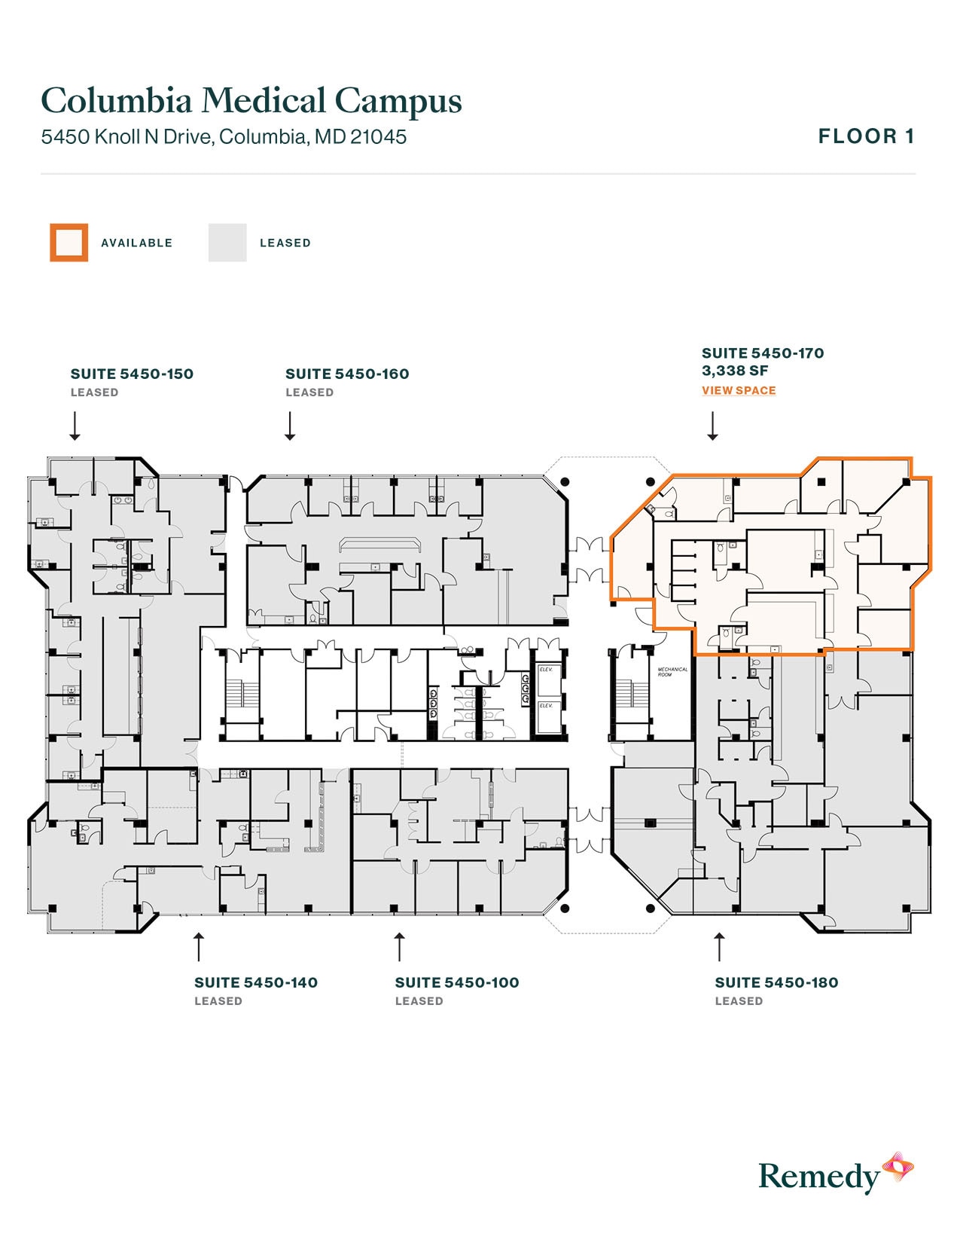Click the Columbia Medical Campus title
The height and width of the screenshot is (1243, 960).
pos(251,101)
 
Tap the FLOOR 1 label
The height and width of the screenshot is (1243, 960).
pos(866,136)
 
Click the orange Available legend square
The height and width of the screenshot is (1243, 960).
pos(69,243)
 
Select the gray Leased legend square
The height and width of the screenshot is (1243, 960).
pos(227,243)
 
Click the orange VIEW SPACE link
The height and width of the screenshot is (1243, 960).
pos(739,390)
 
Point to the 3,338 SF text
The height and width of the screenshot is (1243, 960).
pos(735,371)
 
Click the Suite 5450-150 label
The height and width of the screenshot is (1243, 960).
pos(132,374)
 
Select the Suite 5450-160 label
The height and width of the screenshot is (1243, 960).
pos(347,374)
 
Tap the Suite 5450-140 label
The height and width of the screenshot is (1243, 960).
pos(256,982)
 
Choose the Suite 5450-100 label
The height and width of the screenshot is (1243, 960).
pos(457,982)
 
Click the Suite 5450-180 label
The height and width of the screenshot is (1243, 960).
pos(776,982)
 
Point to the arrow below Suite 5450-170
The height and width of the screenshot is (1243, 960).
pos(712,426)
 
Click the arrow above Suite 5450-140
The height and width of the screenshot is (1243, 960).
pos(199,946)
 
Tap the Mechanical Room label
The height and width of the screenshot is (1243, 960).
pos(672,671)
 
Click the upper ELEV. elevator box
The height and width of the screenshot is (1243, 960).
pos(547,670)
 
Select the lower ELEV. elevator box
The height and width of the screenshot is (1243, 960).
pos(547,707)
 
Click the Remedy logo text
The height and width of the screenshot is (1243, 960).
pos(818,1176)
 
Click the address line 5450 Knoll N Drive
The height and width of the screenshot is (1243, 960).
pos(224,136)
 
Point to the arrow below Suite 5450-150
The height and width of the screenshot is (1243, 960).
pos(75,426)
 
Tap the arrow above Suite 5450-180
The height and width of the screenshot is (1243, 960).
pos(719,946)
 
